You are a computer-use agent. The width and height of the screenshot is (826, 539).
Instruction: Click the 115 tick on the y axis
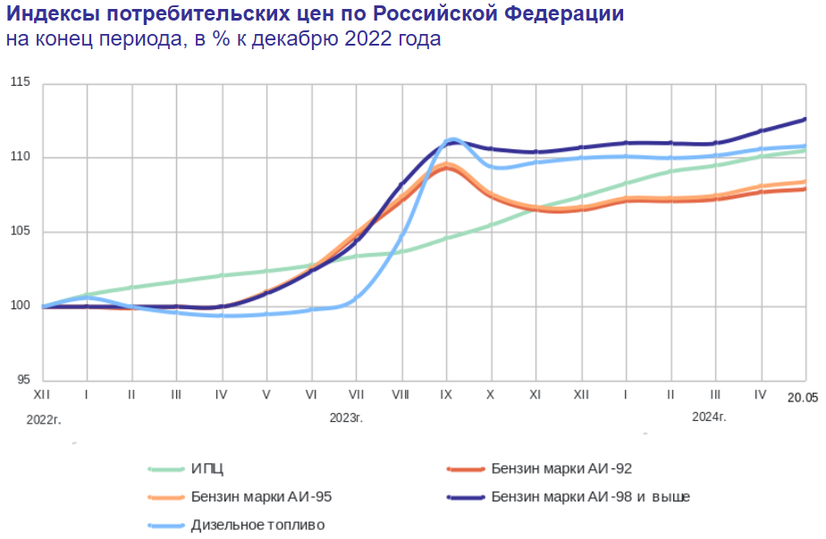tap(21, 83)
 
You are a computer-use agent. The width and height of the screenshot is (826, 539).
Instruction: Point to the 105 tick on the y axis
tap(21, 232)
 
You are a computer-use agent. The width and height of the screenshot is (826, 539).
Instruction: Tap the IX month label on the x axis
tap(445, 394)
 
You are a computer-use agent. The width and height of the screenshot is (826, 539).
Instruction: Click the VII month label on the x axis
tap(356, 394)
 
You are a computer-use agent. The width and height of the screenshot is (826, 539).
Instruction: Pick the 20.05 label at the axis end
tap(803, 395)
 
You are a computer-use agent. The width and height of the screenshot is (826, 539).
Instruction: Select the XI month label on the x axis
tap(535, 394)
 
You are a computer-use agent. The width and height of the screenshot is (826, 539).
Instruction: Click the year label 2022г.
tap(45, 417)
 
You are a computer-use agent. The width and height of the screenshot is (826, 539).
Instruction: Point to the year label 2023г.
tap(346, 417)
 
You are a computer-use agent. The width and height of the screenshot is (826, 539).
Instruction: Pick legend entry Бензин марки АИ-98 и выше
tap(590, 496)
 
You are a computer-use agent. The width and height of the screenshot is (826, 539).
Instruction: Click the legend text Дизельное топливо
tap(257, 525)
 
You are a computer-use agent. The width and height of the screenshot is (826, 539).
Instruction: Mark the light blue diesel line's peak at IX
tap(453, 139)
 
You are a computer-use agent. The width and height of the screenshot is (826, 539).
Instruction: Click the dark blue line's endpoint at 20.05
tap(805, 119)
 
